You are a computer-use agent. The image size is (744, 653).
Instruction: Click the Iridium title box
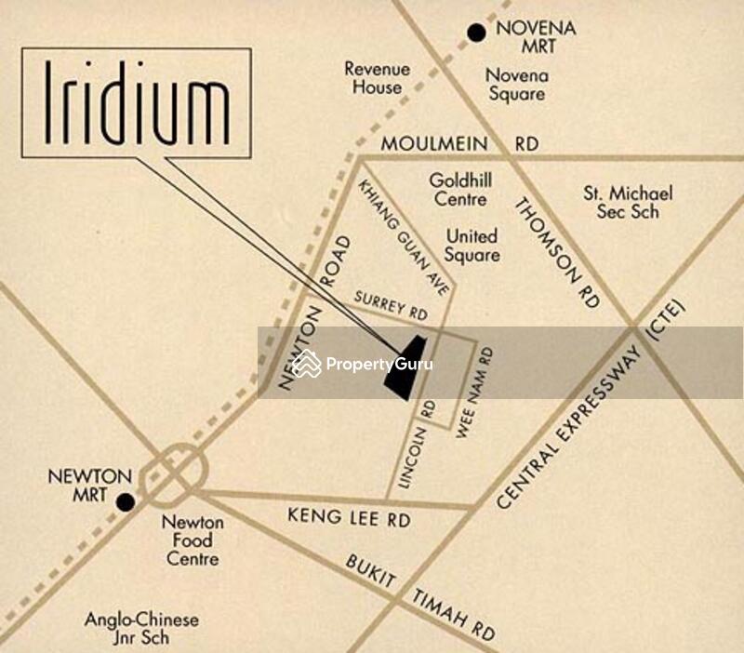click(137, 102)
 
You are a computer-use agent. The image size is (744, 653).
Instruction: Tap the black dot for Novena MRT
click(477, 33)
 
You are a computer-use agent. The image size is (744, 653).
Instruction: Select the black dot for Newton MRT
click(126, 502)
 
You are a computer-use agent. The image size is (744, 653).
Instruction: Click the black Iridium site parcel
click(407, 367)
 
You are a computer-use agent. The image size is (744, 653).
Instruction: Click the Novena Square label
click(516, 85)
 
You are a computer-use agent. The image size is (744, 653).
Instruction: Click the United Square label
click(472, 246)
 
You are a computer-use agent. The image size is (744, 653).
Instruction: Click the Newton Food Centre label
click(193, 540)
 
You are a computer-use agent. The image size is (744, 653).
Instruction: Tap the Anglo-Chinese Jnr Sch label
click(141, 629)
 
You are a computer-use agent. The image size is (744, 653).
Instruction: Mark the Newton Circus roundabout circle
click(174, 472)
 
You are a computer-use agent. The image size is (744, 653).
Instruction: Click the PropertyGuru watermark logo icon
click(306, 363)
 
